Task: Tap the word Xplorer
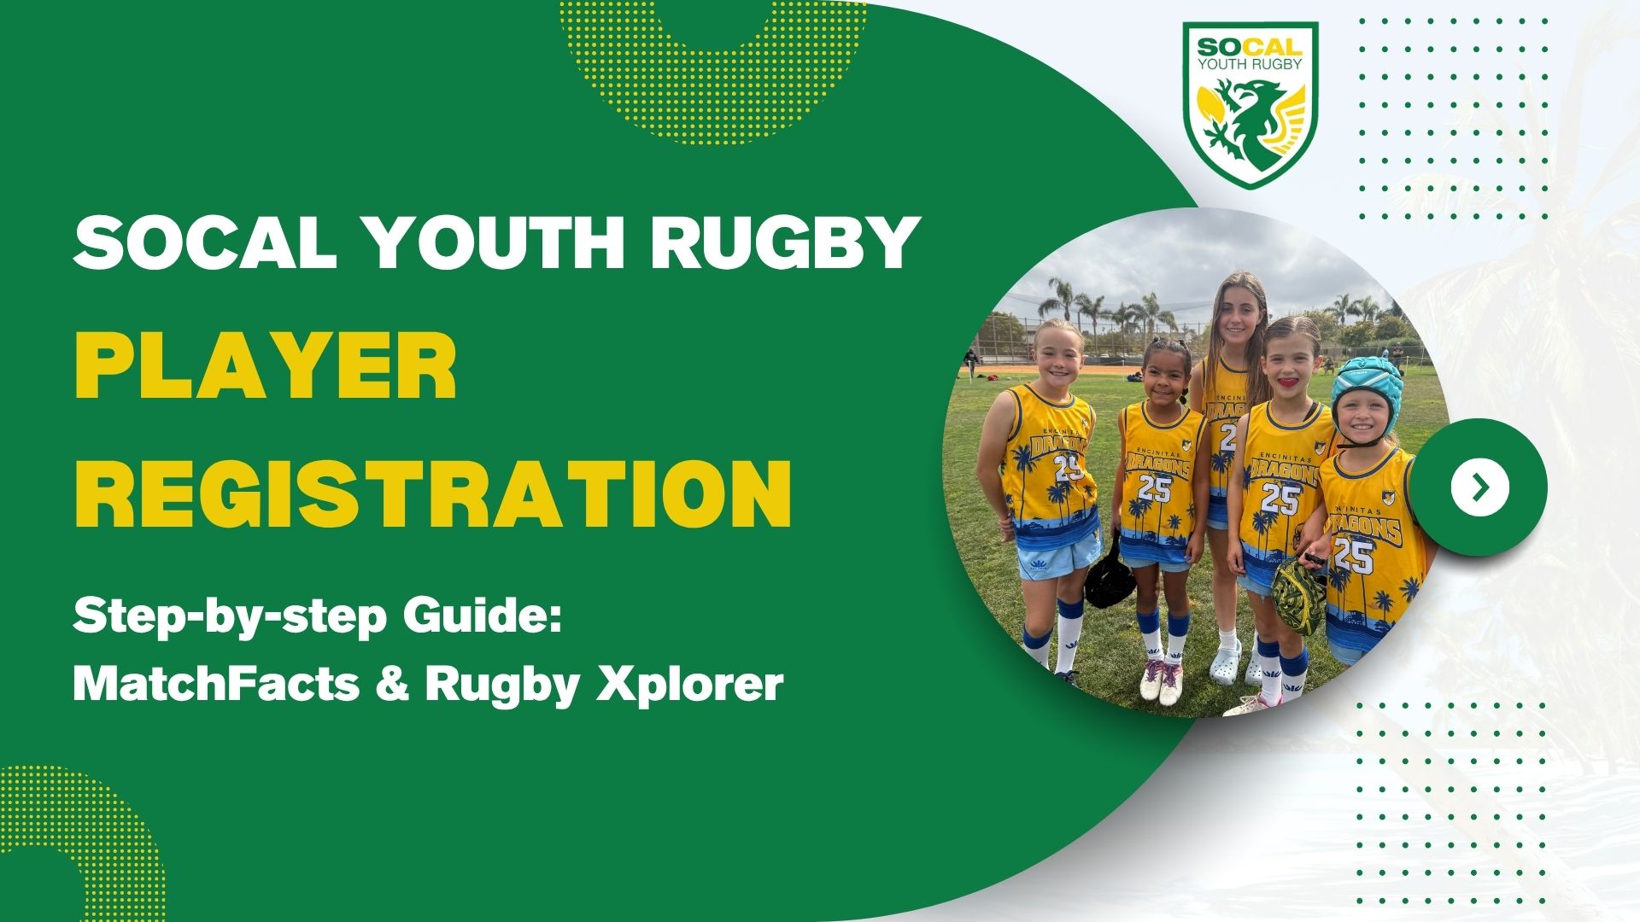[688, 683]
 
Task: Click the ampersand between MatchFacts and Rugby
[392, 683]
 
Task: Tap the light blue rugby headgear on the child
[1364, 386]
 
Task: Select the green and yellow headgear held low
[1297, 589]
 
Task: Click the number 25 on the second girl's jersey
[1154, 488]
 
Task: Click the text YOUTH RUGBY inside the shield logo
[1250, 63]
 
